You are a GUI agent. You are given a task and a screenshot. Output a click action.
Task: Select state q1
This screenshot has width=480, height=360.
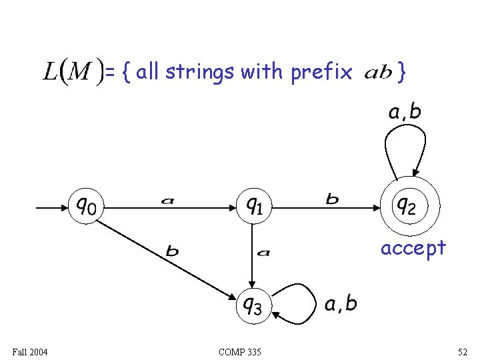point(253,206)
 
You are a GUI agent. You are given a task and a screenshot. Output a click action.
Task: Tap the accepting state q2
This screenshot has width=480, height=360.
point(406,206)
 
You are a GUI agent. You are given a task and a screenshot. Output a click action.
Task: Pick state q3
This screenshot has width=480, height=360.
point(252,306)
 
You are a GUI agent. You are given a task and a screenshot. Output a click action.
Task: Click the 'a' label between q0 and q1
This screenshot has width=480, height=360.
point(167,199)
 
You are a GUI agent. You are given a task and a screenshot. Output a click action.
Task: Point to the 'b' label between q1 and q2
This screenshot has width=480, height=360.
point(331,198)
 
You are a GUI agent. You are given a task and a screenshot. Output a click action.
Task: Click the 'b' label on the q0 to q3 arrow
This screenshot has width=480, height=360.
point(172,251)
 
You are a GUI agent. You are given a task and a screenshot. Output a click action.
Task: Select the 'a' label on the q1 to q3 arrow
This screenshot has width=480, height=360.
point(263,252)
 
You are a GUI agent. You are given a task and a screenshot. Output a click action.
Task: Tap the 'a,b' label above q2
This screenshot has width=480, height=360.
point(405,111)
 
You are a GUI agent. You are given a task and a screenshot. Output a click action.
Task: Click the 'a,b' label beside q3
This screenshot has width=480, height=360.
point(341,304)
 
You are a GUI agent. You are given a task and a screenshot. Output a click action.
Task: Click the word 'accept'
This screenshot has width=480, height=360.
point(413,248)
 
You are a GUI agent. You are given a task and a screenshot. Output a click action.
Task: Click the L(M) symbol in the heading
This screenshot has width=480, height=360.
point(73,71)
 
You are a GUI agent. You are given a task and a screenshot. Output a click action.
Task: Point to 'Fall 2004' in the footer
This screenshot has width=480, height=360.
point(29,351)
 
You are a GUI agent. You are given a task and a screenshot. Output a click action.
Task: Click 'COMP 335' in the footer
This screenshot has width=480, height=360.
point(239,351)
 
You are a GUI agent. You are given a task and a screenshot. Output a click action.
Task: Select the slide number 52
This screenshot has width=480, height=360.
point(463,351)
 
